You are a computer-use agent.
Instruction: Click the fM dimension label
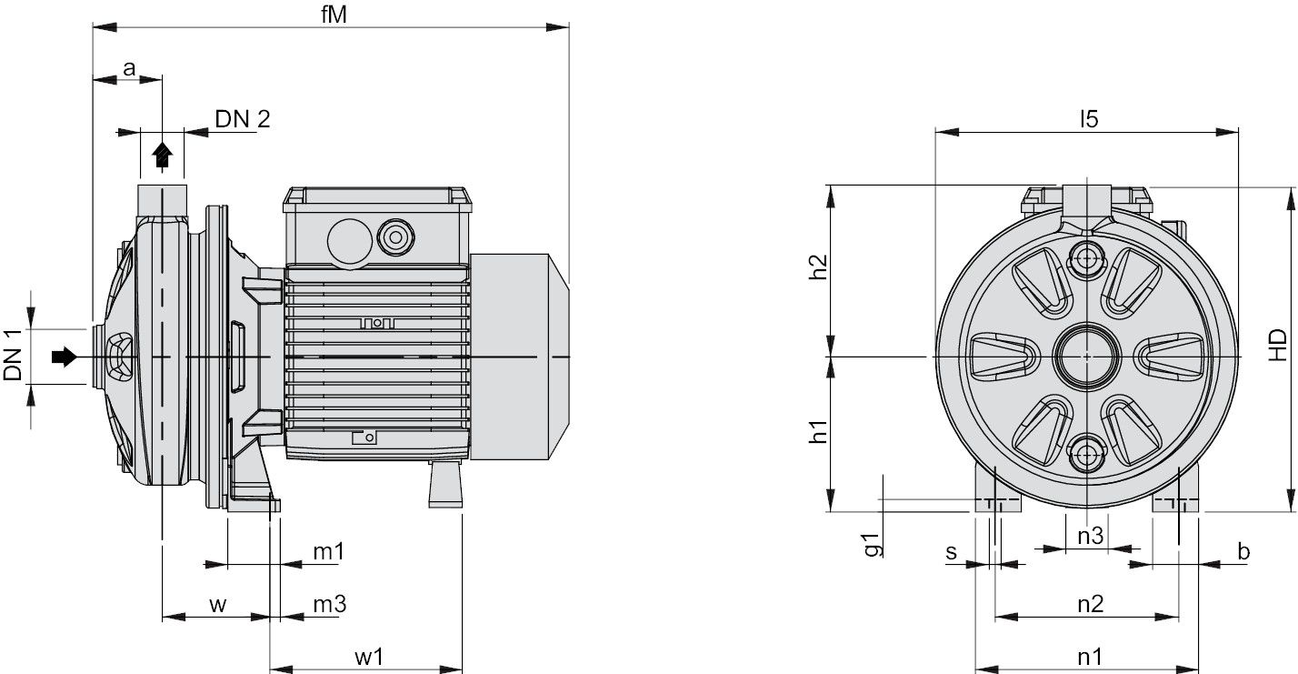pos(332,15)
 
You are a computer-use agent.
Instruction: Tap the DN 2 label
pos(242,118)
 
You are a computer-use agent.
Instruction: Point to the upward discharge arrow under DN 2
pos(162,156)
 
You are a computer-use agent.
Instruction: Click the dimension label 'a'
pos(129,67)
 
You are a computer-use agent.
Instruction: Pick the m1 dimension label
pos(328,551)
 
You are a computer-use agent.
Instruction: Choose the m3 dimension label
pos(329,603)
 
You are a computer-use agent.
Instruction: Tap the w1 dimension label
pos(368,656)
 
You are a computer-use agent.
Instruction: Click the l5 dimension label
pos(1088,118)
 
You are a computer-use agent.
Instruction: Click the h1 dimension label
pos(818,433)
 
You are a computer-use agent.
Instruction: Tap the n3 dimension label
pos(1090,536)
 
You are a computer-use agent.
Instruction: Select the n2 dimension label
pos(1090,603)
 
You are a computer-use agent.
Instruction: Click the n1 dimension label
pos(1090,656)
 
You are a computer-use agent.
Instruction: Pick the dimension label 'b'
pos(1243,551)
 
